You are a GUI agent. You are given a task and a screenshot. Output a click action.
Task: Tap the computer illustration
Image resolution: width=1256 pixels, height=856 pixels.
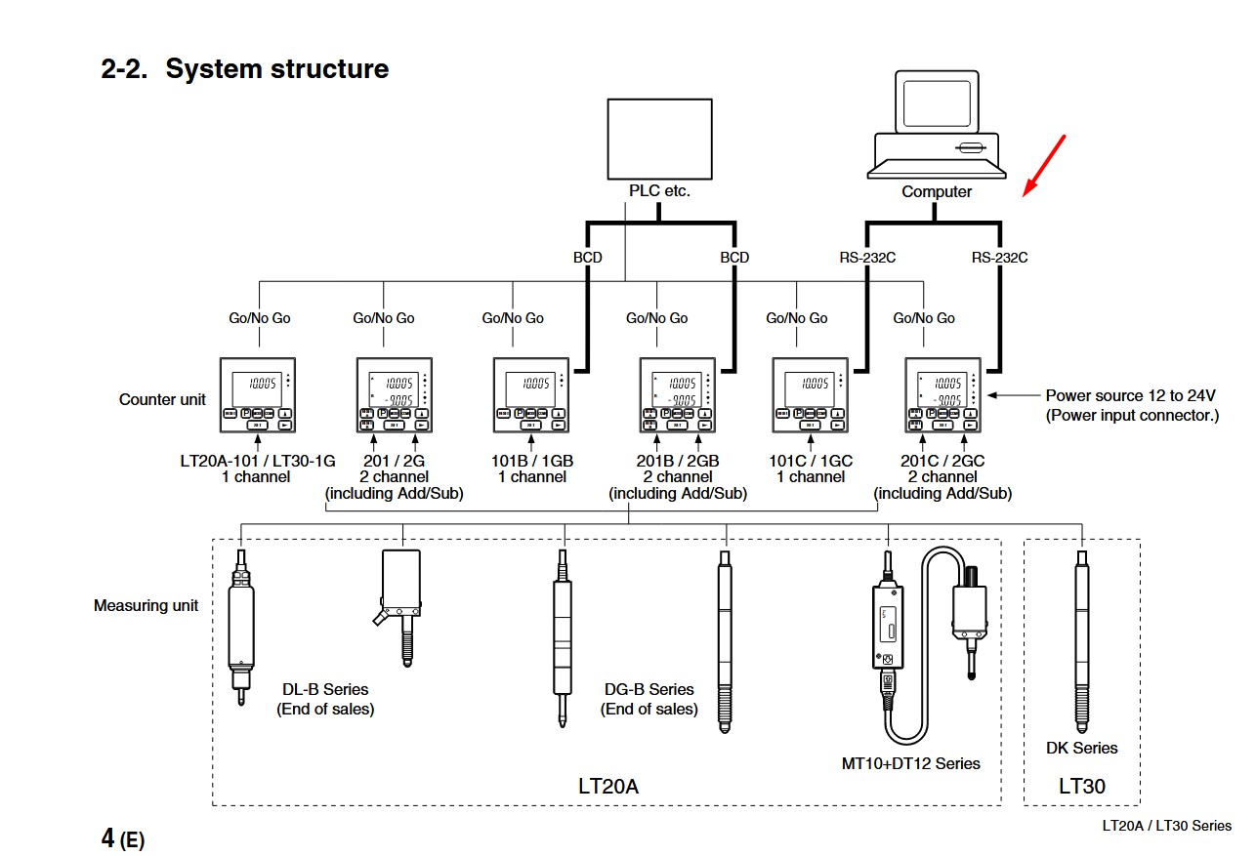coord(937,128)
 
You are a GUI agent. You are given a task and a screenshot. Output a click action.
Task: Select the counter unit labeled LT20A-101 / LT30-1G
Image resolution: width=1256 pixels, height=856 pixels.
coord(258,394)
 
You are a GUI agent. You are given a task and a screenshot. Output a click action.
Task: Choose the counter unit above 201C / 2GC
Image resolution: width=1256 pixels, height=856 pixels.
coord(942,394)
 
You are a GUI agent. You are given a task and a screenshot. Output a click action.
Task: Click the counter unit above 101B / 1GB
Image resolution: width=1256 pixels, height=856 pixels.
coord(530,394)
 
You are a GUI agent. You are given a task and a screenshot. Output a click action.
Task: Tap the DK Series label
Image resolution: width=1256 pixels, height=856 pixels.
coord(1081,749)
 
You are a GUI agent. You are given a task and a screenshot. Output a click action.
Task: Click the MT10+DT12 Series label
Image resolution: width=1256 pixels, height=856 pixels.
coord(910,763)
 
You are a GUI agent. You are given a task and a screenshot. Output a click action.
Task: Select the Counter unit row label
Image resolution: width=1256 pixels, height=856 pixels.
coord(162,399)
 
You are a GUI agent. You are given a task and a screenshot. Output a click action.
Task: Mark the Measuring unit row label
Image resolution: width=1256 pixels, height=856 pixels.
coord(146,606)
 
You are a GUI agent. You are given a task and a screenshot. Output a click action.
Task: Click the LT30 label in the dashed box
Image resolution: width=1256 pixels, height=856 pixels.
coord(1082,786)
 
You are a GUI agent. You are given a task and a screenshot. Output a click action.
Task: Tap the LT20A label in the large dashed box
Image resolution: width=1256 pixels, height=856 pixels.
coord(607,786)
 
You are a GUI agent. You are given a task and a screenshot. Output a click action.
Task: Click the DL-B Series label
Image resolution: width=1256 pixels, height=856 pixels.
coord(325,690)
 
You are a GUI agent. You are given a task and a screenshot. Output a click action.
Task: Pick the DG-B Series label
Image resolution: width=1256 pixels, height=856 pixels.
coord(649,690)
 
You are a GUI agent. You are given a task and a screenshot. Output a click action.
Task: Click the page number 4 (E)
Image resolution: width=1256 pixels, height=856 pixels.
coord(122,838)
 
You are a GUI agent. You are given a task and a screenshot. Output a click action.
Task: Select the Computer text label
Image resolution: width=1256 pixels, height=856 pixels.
coord(936,192)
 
